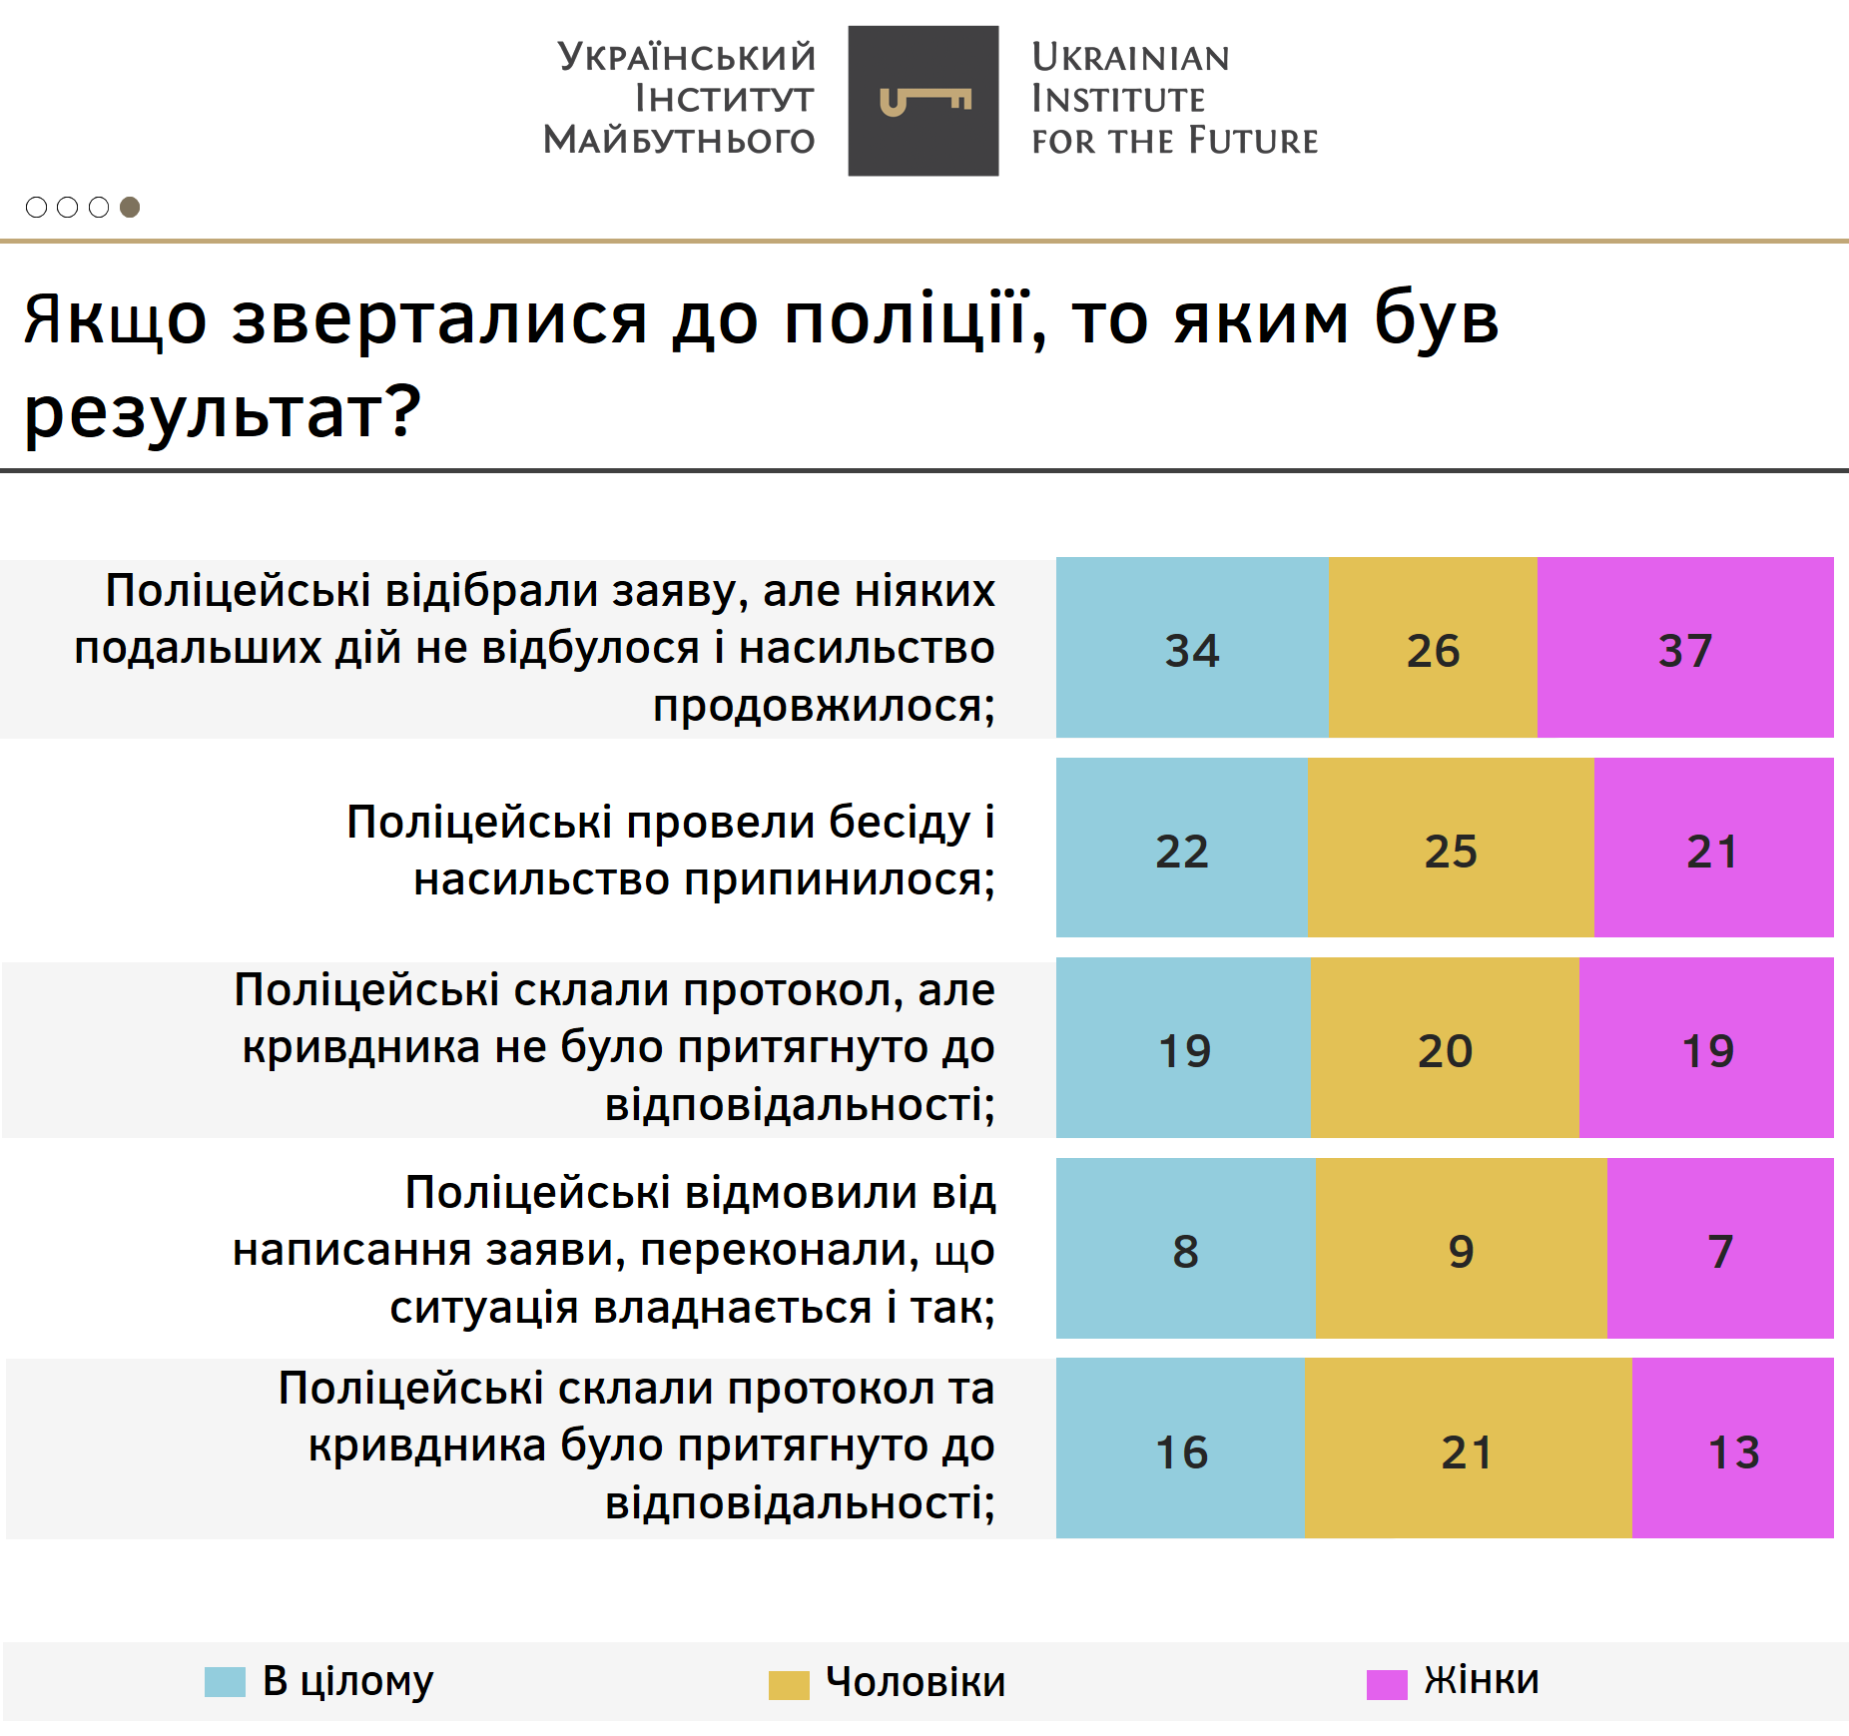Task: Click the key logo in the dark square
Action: coord(924,101)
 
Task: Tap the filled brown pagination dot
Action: coord(130,207)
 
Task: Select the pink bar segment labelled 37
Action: coord(1684,648)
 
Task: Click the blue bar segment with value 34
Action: coord(1192,648)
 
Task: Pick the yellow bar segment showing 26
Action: coord(1433,648)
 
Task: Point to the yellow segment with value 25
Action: coord(1450,849)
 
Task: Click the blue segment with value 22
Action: coord(1181,849)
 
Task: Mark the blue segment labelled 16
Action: coord(1180,1449)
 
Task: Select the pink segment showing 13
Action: coord(1733,1449)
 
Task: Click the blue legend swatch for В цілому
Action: coord(225,1682)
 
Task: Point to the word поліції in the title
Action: coord(906,318)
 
